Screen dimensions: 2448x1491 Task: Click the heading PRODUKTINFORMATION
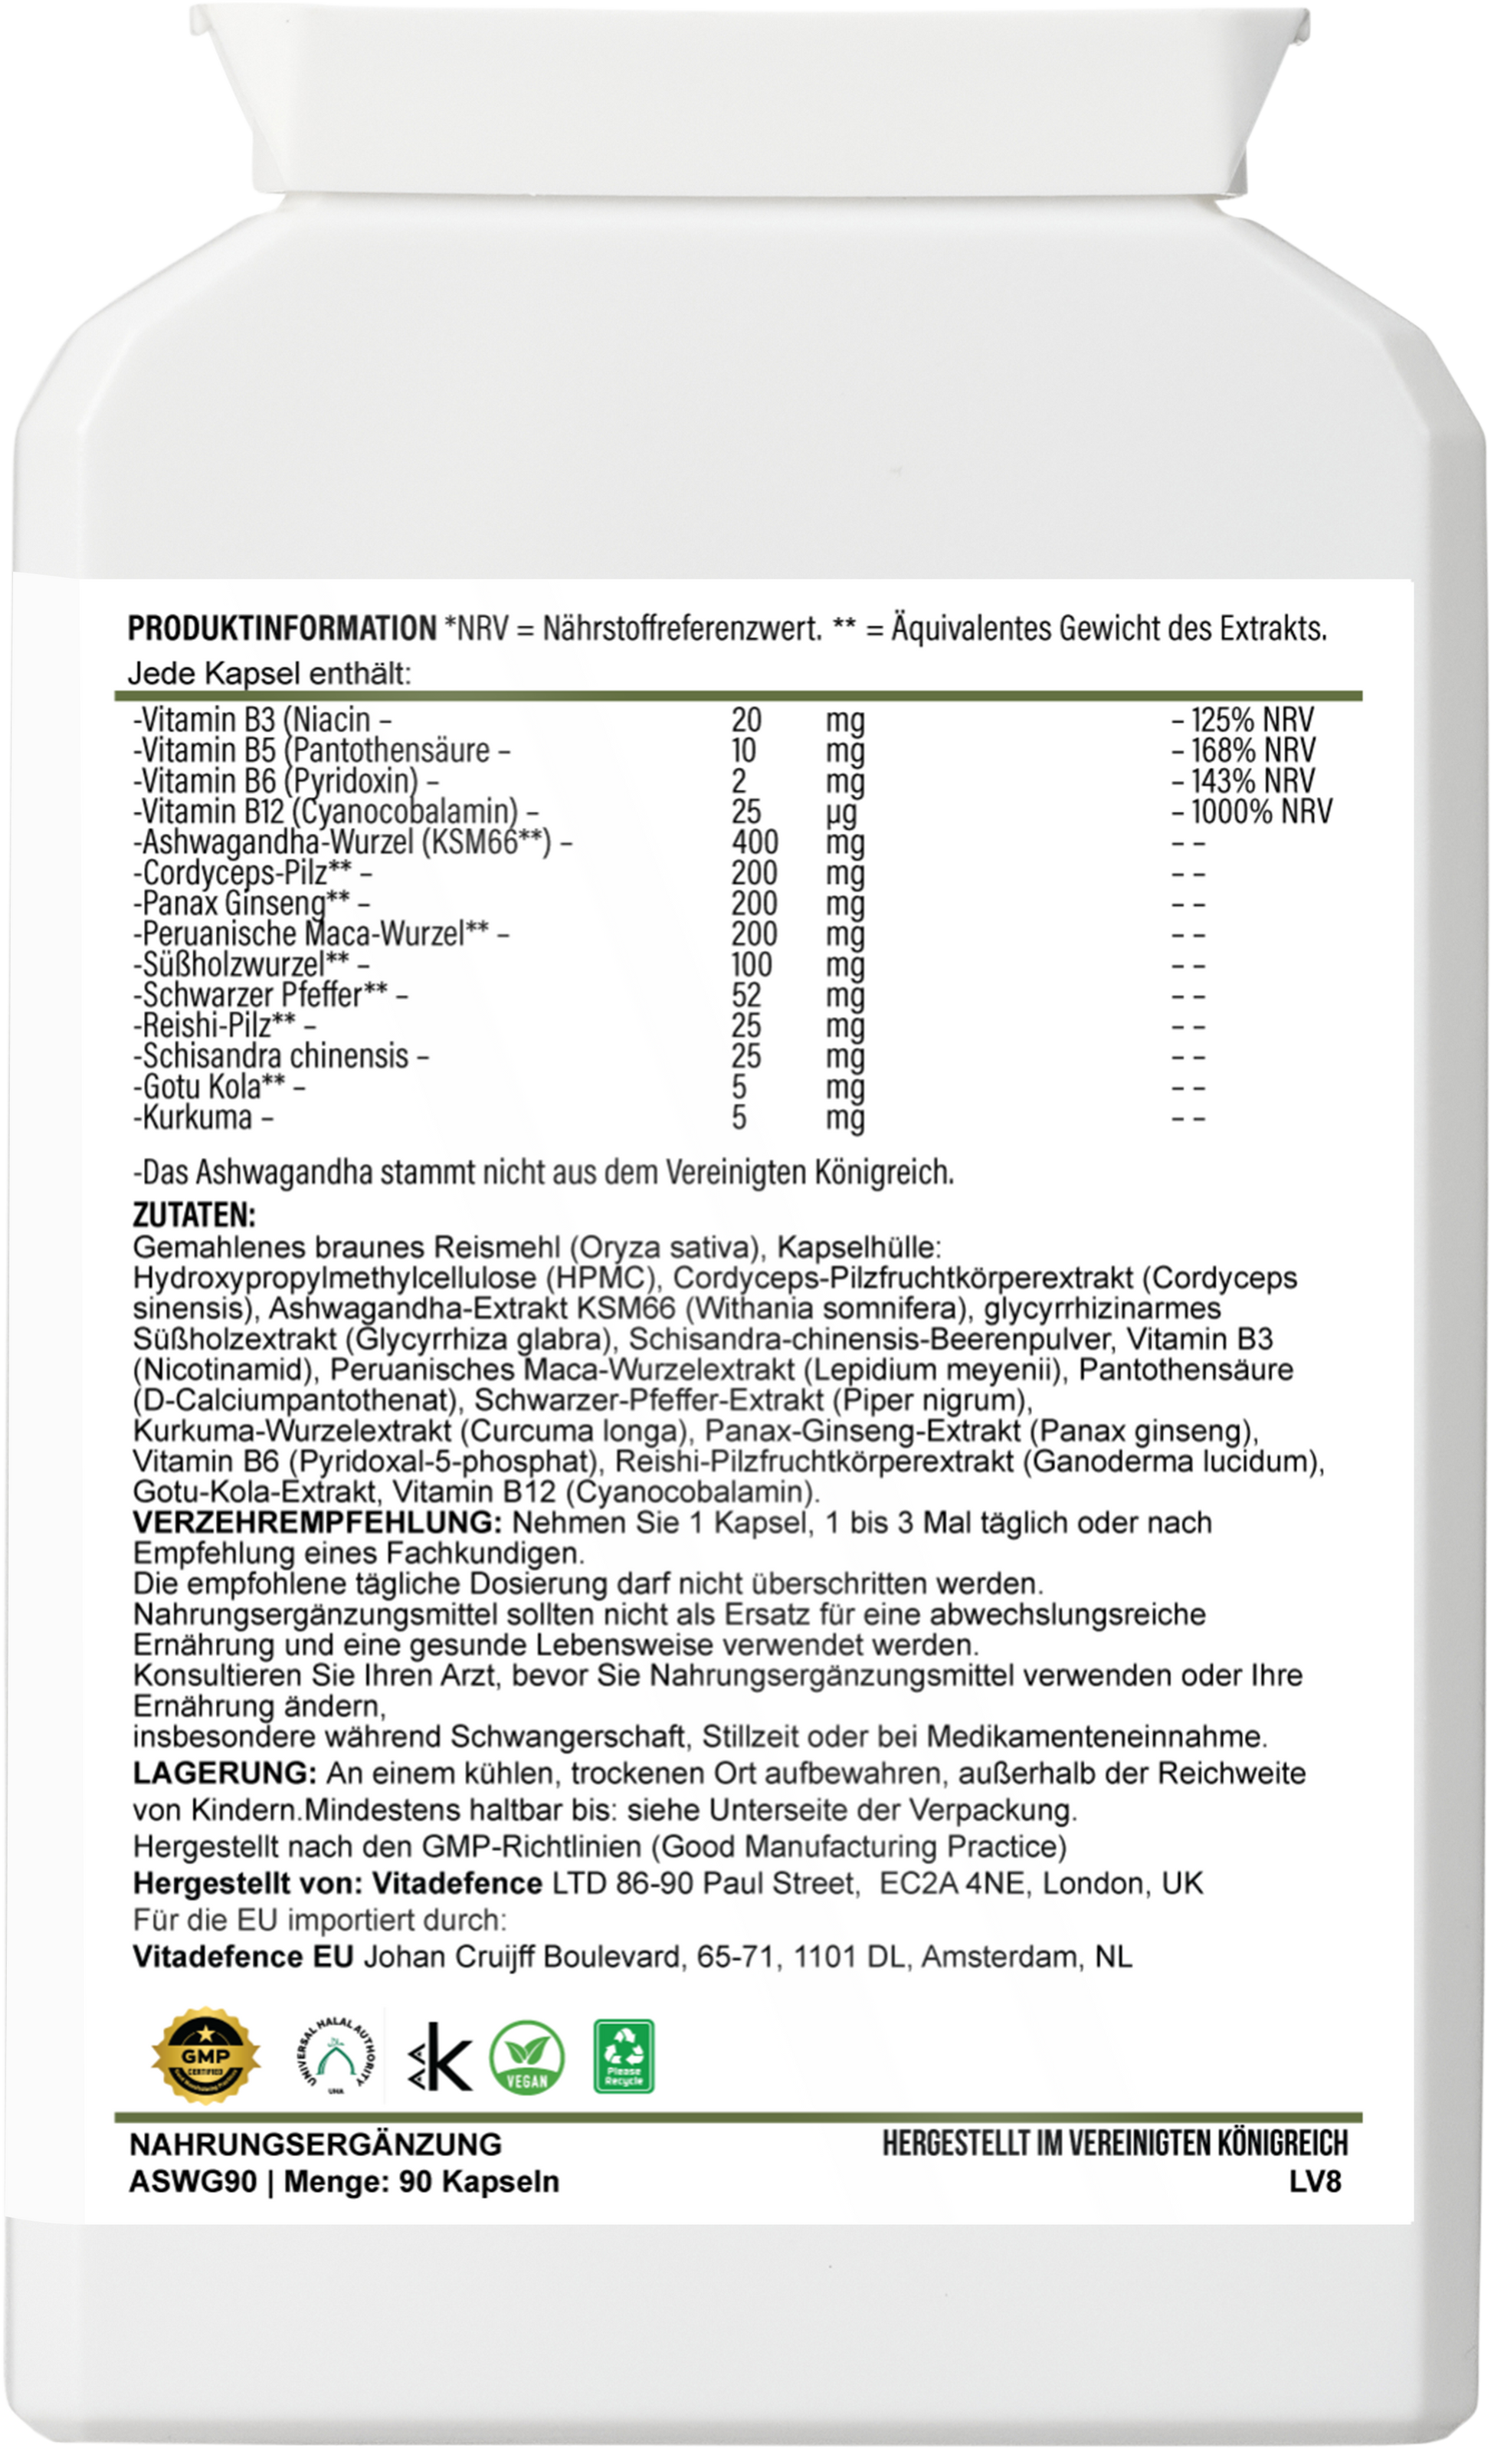(x=282, y=629)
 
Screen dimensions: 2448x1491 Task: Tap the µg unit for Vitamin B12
(x=842, y=812)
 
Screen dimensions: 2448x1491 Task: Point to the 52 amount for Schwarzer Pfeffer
(x=746, y=995)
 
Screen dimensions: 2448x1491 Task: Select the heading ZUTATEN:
(x=194, y=1215)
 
